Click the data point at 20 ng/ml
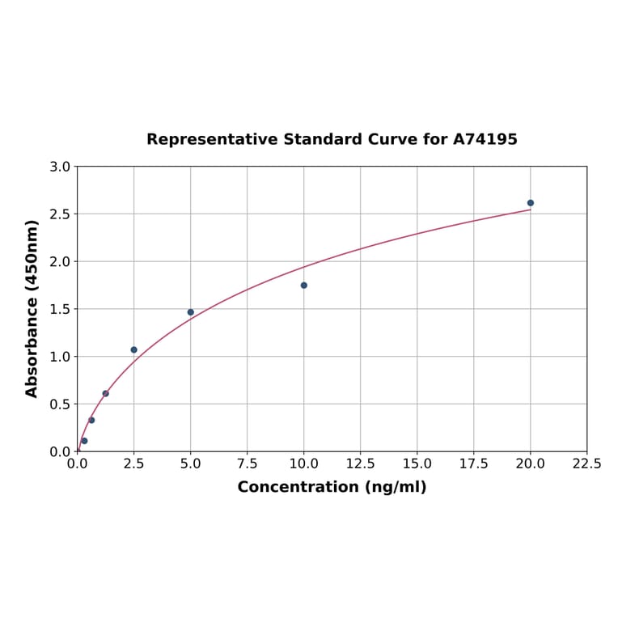click(x=531, y=203)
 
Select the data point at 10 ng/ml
click(x=304, y=286)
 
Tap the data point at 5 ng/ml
click(x=191, y=312)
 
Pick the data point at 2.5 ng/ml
click(x=134, y=350)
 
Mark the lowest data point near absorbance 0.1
click(x=84, y=441)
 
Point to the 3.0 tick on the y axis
click(x=60, y=167)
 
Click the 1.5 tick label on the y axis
click(x=60, y=309)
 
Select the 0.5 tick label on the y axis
click(x=60, y=404)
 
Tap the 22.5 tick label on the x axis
click(x=586, y=464)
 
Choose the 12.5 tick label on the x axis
click(x=361, y=464)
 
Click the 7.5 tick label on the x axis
click(x=248, y=464)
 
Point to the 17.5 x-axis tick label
click(x=474, y=464)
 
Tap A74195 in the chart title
click(x=485, y=140)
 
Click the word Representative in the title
click(x=213, y=140)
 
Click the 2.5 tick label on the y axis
click(x=60, y=214)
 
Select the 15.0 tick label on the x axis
click(x=417, y=464)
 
